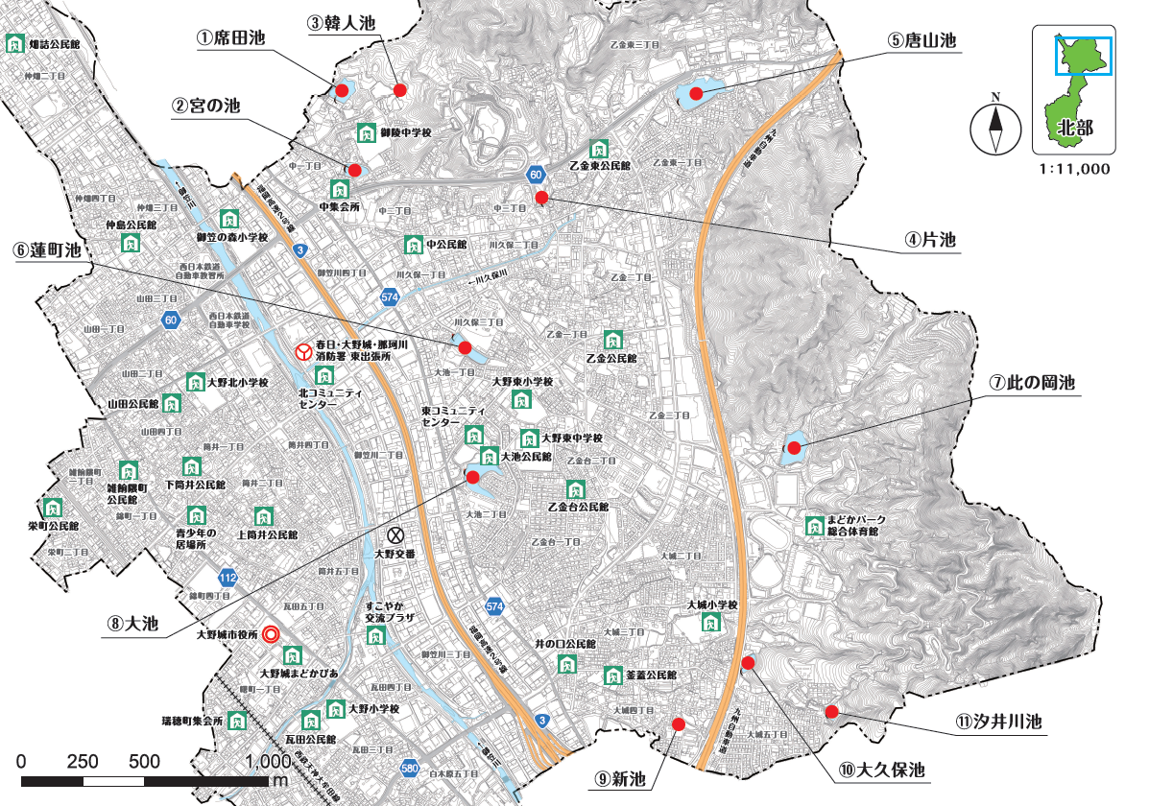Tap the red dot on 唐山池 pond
tap(695, 94)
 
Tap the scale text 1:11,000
tap(1073, 168)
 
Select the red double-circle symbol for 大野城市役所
tap(272, 634)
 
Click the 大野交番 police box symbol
tap(395, 534)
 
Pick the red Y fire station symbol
tap(302, 352)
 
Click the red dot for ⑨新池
tap(678, 724)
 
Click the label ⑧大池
tap(133, 622)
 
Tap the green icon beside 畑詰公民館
tap(15, 43)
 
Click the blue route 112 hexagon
tap(227, 579)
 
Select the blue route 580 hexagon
tap(410, 768)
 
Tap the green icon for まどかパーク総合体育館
tap(813, 525)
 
